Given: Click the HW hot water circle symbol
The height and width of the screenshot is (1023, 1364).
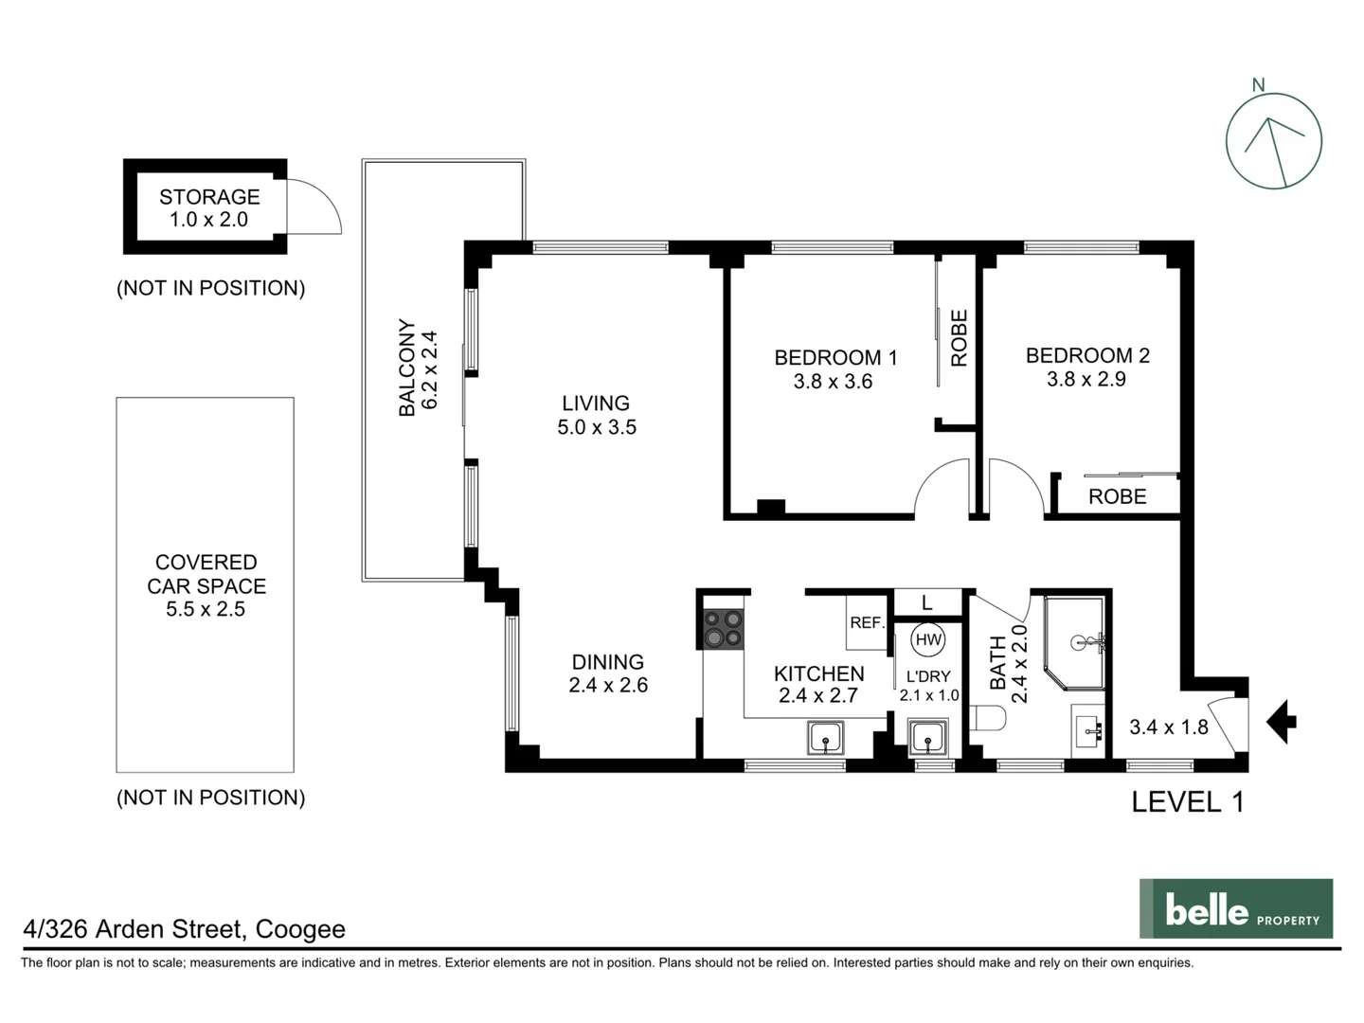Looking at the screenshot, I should [928, 640].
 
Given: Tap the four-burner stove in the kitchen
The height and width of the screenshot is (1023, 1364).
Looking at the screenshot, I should [723, 628].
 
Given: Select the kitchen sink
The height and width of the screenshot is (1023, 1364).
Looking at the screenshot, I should [826, 737].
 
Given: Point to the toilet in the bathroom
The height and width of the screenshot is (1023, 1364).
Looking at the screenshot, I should [988, 719].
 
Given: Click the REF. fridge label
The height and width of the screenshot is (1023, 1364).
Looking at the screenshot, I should [867, 622].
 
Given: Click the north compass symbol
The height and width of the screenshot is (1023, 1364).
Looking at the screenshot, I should [1273, 141].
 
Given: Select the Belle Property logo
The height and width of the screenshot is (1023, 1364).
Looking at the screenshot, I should [1235, 909].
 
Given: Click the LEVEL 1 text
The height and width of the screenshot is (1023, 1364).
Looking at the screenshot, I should [1188, 802].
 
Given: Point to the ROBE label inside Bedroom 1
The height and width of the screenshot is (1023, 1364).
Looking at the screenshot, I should [959, 338].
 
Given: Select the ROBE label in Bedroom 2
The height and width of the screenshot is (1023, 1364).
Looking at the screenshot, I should [1117, 496].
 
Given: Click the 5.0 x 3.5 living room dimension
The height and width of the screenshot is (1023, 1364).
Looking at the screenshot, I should [597, 427].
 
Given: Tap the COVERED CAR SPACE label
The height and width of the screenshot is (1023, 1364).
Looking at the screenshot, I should [206, 574].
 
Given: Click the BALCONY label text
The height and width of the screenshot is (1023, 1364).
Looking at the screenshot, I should [407, 368].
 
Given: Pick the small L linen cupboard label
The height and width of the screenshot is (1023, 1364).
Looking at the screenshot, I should [926, 602].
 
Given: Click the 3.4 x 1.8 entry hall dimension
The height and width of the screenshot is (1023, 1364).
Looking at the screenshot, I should [1168, 727].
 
